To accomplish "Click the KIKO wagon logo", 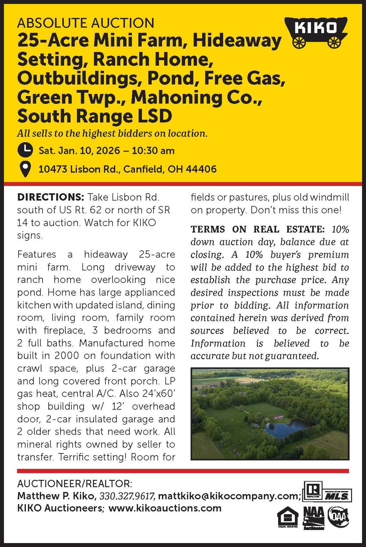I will [x=316, y=31].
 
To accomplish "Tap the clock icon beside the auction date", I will [x=25, y=150].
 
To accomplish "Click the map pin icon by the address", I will [x=25, y=169].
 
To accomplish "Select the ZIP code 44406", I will [x=201, y=169].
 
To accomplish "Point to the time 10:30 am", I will [x=153, y=150].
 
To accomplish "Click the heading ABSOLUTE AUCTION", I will [x=86, y=23].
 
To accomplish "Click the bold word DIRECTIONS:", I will [x=50, y=197].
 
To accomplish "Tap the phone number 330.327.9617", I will [x=127, y=496].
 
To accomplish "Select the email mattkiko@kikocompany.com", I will [x=228, y=496].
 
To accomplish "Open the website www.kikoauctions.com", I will [x=165, y=508].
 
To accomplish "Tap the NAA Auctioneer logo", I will [x=313, y=518].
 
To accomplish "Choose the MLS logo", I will [x=338, y=496].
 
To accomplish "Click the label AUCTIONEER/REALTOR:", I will [x=75, y=484].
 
